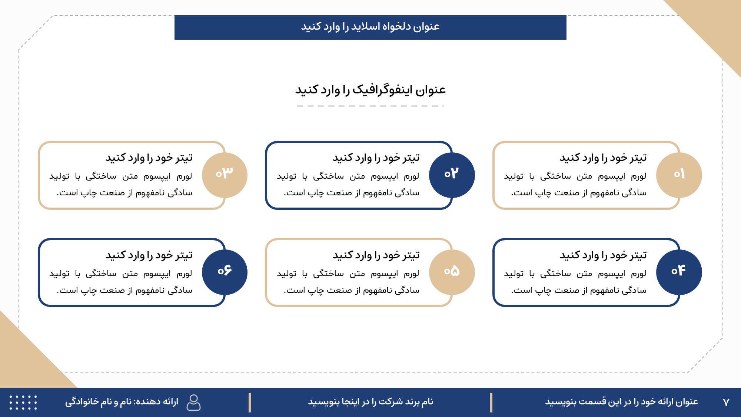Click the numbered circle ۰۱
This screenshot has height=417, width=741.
tap(679, 175)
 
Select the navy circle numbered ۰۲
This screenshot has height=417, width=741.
tap(452, 175)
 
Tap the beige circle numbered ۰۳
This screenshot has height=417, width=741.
tap(225, 175)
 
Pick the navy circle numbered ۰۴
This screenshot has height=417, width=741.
tap(679, 272)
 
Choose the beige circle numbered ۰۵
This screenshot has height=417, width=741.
tap(452, 272)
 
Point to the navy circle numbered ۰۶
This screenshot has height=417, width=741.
tap(225, 272)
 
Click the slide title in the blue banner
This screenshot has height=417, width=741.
tap(370, 27)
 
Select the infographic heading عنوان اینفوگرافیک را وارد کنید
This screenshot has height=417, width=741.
tap(370, 90)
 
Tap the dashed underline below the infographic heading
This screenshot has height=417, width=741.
tap(370, 106)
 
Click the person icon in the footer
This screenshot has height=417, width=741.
tap(193, 402)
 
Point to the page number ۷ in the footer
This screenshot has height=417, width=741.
tap(726, 402)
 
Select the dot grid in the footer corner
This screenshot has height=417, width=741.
tap(23, 402)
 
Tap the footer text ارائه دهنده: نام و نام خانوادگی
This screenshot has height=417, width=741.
tap(122, 402)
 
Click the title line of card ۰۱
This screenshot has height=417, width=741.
tap(603, 158)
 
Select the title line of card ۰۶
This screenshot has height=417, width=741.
tap(149, 255)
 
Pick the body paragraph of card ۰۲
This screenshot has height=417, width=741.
tap(348, 184)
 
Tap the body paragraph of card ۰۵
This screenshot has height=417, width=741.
tap(348, 282)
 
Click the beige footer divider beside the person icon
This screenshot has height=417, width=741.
tap(250, 403)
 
